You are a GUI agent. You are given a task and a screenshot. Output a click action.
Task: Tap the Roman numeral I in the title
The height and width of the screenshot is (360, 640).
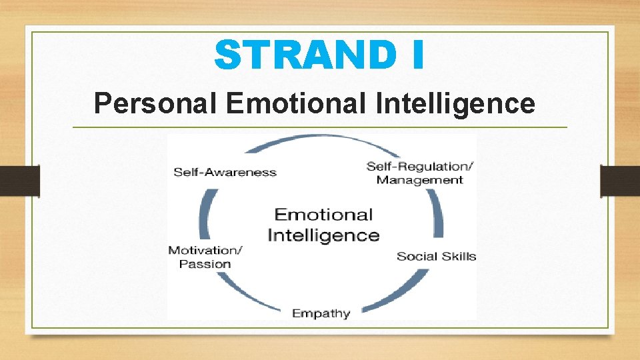click(417, 55)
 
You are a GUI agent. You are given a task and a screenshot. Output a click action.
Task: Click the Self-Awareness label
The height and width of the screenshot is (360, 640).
click(225, 172)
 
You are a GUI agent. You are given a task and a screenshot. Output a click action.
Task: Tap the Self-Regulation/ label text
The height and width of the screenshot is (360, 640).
click(419, 165)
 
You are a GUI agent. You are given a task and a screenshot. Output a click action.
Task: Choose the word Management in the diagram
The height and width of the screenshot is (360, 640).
click(419, 180)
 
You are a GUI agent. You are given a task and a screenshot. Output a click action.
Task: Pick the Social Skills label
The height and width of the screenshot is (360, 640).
click(436, 256)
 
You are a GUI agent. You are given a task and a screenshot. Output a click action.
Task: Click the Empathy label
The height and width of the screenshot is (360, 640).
click(321, 313)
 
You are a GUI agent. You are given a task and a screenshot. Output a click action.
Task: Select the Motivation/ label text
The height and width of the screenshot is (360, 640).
click(205, 250)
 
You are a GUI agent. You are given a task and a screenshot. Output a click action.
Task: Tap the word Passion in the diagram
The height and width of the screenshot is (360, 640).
click(205, 264)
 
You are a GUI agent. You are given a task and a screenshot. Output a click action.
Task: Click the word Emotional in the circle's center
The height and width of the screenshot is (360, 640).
click(323, 215)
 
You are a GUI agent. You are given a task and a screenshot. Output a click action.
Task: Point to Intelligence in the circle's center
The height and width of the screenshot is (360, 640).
click(323, 235)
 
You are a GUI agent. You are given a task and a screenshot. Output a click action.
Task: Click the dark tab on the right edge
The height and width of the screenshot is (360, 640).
click(619, 180)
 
